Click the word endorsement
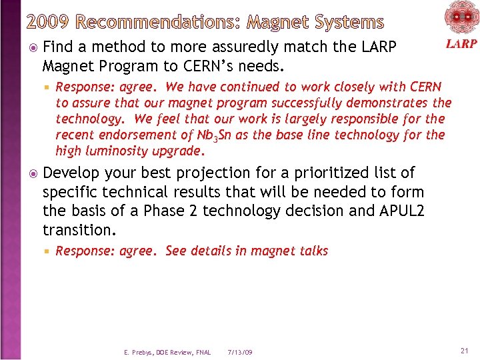click(x=141, y=135)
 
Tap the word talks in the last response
click(x=313, y=251)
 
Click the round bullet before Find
click(x=34, y=48)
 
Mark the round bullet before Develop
click(x=34, y=173)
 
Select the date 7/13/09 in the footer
click(x=239, y=352)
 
